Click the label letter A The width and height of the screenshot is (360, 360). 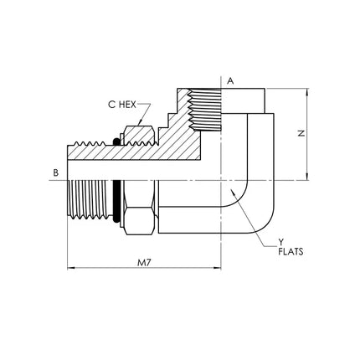[230, 81]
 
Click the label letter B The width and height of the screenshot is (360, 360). [56, 172]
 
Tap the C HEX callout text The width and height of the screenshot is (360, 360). [122, 105]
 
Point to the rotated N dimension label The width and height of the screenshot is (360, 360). [301, 133]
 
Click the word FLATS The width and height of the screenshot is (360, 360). [291, 252]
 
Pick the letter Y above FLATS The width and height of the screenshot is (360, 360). [280, 243]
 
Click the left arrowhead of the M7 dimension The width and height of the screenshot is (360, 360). [71, 268]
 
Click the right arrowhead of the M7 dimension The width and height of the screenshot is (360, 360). [218, 268]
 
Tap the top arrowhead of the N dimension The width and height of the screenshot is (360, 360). [307, 92]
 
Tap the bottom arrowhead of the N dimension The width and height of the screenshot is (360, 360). [307, 177]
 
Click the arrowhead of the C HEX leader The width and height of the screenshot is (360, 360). [141, 122]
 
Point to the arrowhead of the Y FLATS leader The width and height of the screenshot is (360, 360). [231, 192]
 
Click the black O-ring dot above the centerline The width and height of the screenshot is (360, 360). [116, 141]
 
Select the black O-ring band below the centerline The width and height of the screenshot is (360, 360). [116, 202]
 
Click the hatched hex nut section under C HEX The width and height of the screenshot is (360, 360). [139, 136]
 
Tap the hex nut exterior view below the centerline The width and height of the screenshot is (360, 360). [139, 208]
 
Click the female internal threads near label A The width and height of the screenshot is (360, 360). [204, 110]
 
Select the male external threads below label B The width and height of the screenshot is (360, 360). [87, 200]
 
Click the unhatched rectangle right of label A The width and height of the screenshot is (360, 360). [243, 101]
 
